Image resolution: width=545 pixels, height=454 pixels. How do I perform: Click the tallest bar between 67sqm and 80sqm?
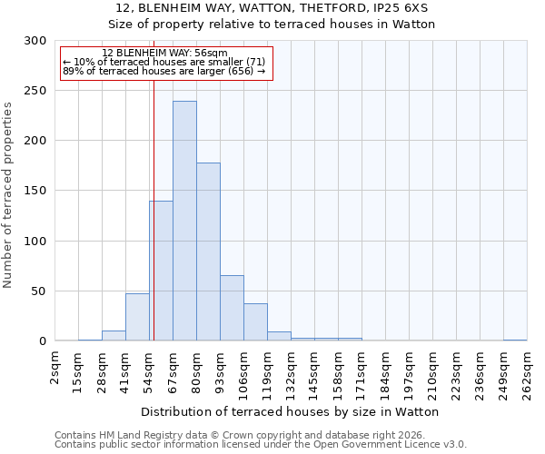pos(184,221)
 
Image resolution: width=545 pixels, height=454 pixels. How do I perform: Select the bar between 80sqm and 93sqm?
pos(208,252)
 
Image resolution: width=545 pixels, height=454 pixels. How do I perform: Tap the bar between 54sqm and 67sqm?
pos(161,271)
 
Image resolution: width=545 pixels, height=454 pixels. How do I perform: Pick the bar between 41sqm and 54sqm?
pos(137,317)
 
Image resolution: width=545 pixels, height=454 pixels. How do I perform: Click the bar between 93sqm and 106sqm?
pos(232,308)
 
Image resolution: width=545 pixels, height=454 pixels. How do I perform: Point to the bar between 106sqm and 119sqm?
pos(255,322)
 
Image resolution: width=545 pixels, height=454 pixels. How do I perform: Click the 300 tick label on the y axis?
pos(35,41)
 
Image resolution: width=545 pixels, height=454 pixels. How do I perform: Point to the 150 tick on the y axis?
pos(35,191)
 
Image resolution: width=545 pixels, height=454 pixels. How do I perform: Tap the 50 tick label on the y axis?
pos(39,291)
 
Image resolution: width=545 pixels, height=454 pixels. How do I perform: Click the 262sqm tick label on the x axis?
pos(527,373)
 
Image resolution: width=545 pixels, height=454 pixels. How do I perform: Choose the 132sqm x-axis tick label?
pos(291,373)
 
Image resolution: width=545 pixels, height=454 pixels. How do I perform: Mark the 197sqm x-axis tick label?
pos(409,373)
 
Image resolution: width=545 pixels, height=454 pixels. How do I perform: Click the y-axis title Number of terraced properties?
pos(8,194)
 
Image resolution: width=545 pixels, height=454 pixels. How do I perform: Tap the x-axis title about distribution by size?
pos(291,411)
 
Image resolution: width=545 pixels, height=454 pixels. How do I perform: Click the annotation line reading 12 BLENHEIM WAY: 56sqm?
pos(164,54)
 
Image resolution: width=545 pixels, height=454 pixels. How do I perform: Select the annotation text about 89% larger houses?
pos(164,71)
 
